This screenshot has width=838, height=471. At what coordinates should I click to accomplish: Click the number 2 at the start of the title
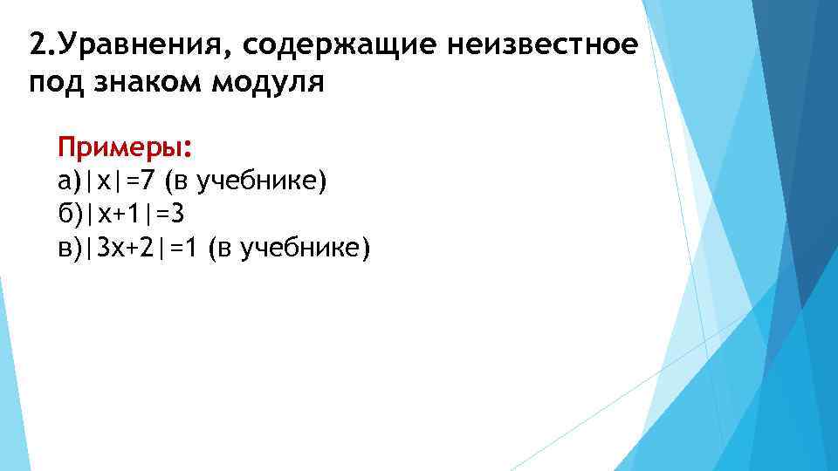36,43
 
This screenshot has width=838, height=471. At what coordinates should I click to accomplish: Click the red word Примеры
123,145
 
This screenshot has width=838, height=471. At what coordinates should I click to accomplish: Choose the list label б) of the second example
69,215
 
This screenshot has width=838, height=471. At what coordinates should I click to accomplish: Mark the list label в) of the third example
69,249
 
